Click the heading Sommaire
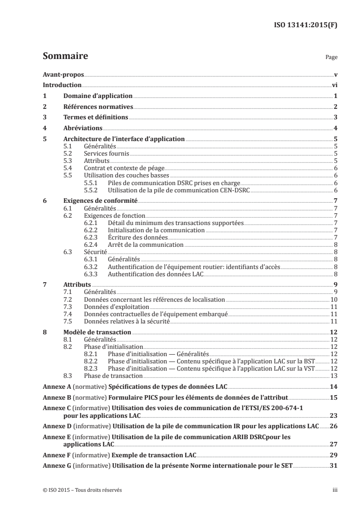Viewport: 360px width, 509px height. click(x=65, y=57)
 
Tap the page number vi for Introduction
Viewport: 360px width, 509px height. click(x=334, y=85)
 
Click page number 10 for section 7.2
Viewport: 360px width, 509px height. click(x=333, y=300)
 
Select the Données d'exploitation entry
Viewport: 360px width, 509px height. click(x=111, y=307)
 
